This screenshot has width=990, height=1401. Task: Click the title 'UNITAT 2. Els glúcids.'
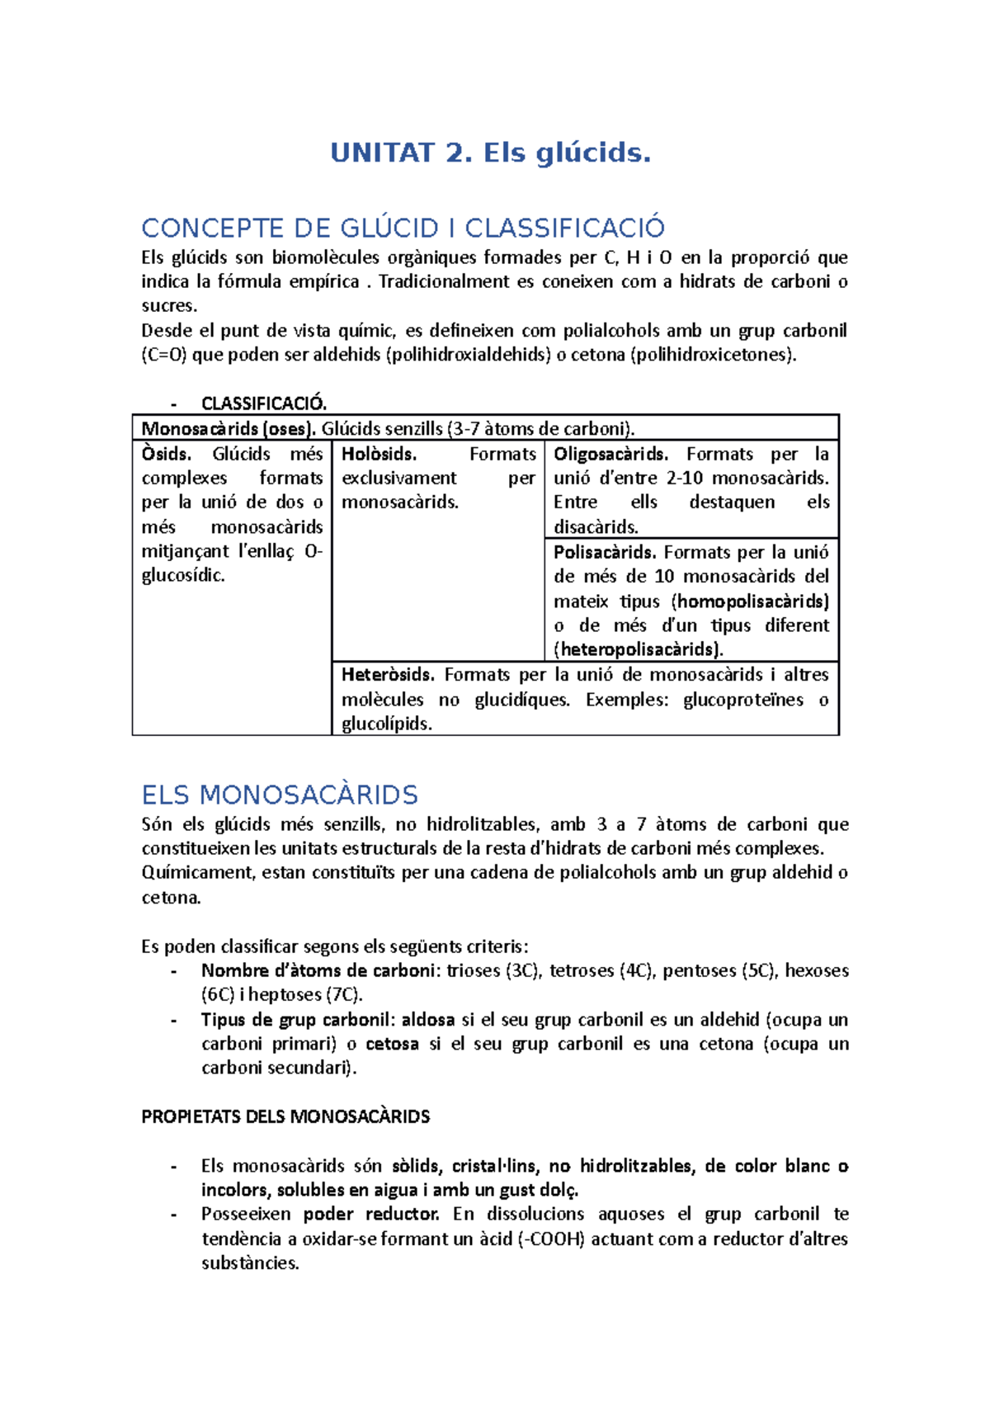[490, 153]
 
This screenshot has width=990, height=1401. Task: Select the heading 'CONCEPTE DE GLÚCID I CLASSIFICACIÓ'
[403, 228]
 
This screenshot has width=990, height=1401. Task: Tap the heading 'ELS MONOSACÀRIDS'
[280, 795]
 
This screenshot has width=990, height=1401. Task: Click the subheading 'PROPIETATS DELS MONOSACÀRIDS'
[285, 1117]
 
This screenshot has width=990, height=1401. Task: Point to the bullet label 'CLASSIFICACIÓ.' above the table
[264, 403]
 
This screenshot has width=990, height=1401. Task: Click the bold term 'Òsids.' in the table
[166, 454]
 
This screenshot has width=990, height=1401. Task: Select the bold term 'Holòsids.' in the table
[379, 454]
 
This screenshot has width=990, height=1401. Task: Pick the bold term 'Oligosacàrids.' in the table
[610, 454]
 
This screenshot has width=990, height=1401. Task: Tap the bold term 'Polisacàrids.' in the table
[605, 552]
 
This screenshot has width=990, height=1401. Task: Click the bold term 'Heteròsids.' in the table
[388, 675]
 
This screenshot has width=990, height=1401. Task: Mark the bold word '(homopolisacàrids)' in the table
[750, 601]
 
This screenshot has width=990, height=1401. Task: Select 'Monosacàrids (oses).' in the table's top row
[229, 428]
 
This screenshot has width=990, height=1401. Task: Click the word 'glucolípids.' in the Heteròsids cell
[387, 724]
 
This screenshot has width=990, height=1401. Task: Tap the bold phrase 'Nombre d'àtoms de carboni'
[318, 971]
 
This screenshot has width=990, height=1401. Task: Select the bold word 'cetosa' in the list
[392, 1044]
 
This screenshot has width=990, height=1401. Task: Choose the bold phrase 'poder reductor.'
[370, 1215]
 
